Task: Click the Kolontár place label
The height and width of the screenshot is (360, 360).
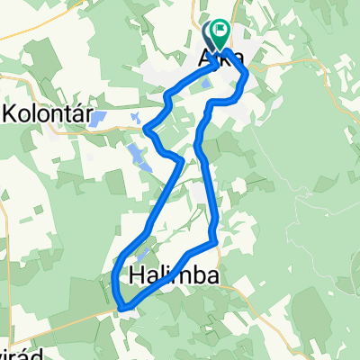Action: (x=45, y=113)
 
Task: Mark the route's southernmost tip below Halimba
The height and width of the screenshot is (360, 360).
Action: (x=125, y=308)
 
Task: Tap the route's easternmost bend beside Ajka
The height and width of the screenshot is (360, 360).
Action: (x=247, y=79)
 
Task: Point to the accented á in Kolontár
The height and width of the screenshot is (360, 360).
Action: (x=74, y=112)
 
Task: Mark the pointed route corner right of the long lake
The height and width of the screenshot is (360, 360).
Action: (x=183, y=161)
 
